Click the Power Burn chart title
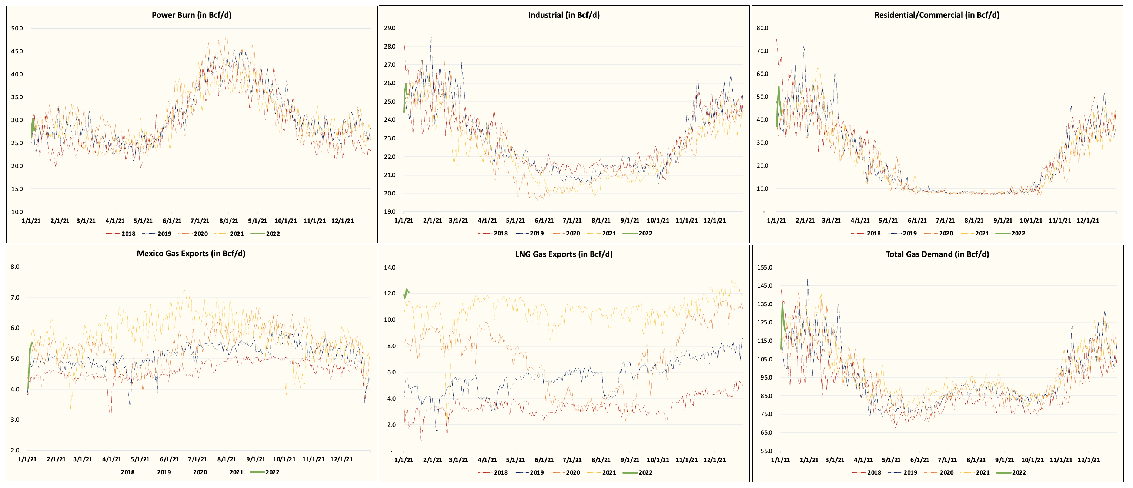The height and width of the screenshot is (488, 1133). click(x=191, y=15)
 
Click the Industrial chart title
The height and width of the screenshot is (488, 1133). click(x=564, y=15)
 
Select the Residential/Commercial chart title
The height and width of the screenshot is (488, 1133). click(x=936, y=15)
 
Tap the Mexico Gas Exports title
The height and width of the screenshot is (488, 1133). click(x=191, y=253)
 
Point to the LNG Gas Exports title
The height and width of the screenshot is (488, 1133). click(x=564, y=254)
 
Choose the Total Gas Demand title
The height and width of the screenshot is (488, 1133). click(x=937, y=254)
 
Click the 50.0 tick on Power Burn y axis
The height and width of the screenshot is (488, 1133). click(x=17, y=28)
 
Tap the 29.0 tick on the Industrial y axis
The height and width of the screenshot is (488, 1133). click(x=389, y=28)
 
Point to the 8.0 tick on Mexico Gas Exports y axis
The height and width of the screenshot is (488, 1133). click(x=15, y=267)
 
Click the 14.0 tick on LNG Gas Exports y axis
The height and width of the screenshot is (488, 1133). click(x=389, y=267)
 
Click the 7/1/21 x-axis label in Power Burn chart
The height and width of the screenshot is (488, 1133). click(x=200, y=221)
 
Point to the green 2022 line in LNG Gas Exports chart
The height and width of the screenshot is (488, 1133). click(x=407, y=293)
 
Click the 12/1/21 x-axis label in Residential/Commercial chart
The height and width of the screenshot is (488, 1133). click(x=1088, y=220)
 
